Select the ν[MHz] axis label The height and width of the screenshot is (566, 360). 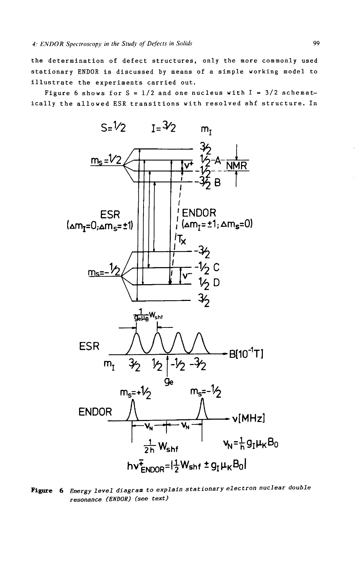pyautogui.click(x=249, y=418)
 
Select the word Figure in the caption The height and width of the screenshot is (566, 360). pyautogui.click(x=43, y=491)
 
